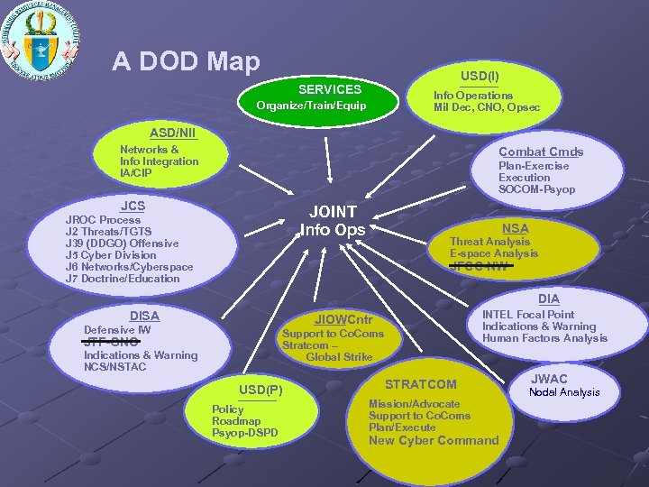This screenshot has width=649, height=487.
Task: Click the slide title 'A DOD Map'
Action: (x=186, y=61)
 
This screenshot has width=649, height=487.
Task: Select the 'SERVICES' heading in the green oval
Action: (x=330, y=89)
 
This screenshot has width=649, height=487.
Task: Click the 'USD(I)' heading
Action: (x=480, y=77)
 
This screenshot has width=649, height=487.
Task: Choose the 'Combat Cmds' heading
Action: (x=541, y=152)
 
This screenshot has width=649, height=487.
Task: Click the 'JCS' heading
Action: (x=133, y=206)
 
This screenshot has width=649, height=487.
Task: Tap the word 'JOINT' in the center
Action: (x=333, y=211)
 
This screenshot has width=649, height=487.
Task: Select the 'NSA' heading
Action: (x=516, y=228)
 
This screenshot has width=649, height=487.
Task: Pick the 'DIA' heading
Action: (x=548, y=299)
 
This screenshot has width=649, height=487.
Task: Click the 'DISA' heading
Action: (x=144, y=316)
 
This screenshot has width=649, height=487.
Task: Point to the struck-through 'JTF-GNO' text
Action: (x=111, y=343)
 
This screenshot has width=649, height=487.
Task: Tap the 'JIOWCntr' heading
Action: (x=343, y=319)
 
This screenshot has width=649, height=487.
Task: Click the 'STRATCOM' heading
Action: (x=421, y=385)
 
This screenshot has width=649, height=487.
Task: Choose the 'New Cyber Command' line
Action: (x=434, y=440)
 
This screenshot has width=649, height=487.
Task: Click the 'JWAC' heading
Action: (x=549, y=379)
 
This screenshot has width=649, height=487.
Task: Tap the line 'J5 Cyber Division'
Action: (x=111, y=255)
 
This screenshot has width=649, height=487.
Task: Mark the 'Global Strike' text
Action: (x=339, y=357)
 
